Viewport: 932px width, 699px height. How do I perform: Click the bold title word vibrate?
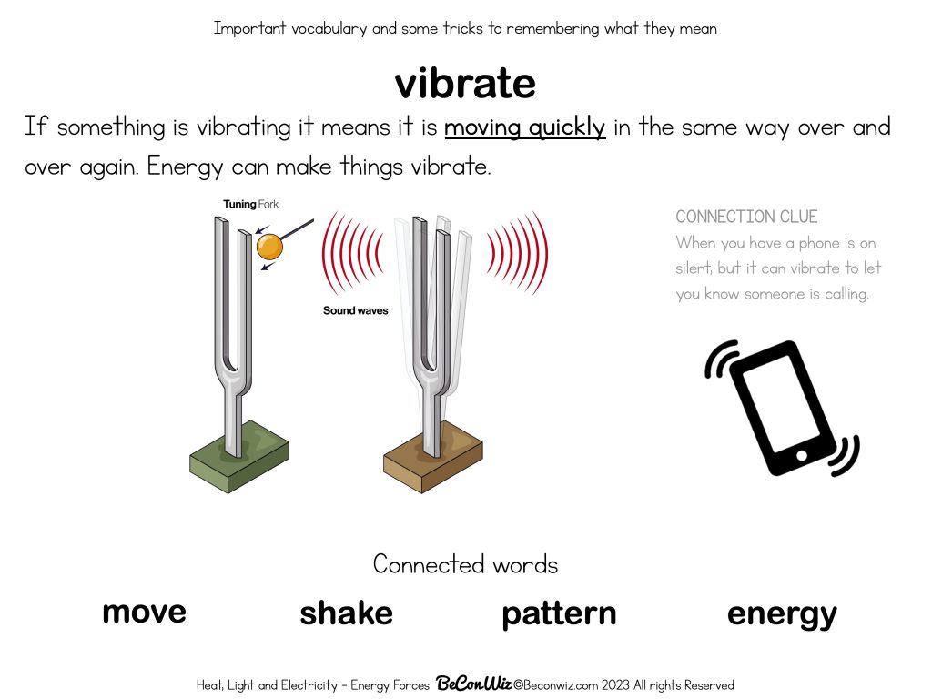pos(465,83)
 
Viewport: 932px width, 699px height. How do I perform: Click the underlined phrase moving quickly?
pos(525,127)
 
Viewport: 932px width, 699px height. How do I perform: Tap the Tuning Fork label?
pos(251,205)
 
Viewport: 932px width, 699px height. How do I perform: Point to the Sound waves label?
pos(356,310)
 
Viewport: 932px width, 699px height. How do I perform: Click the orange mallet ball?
pos(269,247)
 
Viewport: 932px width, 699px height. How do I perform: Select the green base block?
pos(239,457)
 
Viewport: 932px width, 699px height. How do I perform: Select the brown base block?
pos(432,457)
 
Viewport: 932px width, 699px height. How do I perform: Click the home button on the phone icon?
pos(801,456)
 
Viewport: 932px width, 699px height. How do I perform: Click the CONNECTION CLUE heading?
pos(746,217)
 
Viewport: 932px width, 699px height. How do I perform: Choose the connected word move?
pos(145,613)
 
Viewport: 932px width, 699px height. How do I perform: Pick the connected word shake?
pos(346,613)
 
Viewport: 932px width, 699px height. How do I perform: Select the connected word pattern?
pos(559,614)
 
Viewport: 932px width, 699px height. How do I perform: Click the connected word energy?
pos(782,615)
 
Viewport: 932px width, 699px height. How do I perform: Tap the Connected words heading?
pos(465,564)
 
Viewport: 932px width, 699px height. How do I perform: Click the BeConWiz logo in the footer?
pos(473,684)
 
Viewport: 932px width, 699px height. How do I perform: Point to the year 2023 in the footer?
pos(615,684)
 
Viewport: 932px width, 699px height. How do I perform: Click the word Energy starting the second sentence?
pos(185,167)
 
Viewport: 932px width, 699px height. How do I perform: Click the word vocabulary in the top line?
pos(329,28)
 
